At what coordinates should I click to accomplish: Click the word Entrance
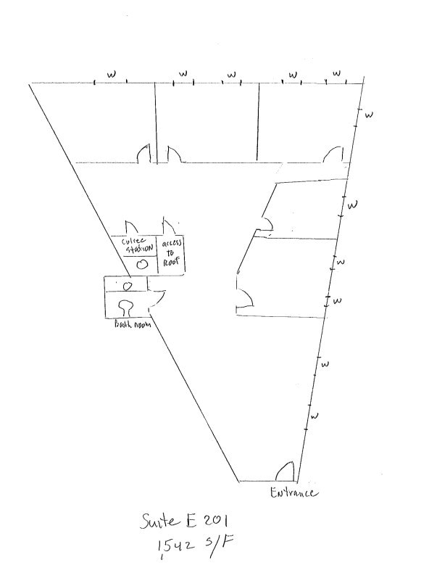point(294,493)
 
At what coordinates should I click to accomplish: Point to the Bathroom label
point(131,326)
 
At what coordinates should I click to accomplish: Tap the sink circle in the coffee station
point(143,264)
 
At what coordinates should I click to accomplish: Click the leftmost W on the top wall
point(111,74)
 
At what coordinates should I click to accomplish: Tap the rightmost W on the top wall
point(336,74)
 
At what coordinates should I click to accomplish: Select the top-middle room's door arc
point(172,154)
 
